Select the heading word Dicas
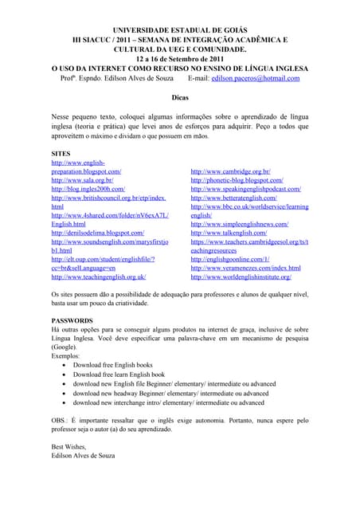pyautogui.click(x=180, y=96)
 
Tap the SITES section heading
pyautogui.click(x=61, y=152)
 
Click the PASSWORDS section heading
pyautogui.click(x=72, y=320)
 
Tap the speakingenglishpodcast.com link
pyautogui.click(x=245, y=189)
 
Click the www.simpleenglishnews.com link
pyautogui.click(x=243, y=224)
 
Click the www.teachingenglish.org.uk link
pyautogui.click(x=98, y=277)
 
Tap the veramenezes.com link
pyautogui.click(x=245, y=268)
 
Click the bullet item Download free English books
pyautogui.click(x=119, y=364)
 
